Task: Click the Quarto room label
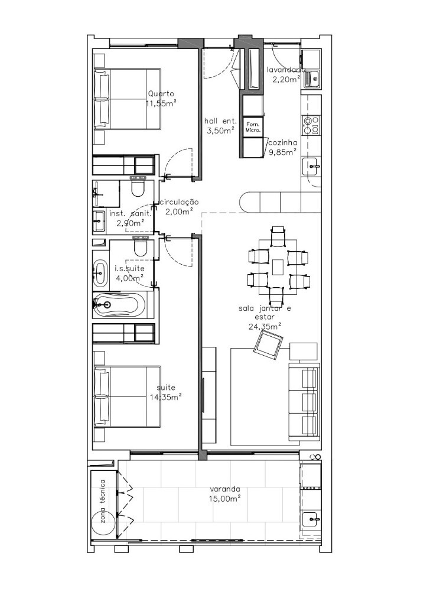pyautogui.click(x=161, y=93)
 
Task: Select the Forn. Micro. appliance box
pyautogui.click(x=253, y=127)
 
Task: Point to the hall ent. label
pyautogui.click(x=221, y=121)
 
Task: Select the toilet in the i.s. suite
pyautogui.click(x=140, y=246)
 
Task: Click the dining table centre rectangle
pyautogui.click(x=278, y=267)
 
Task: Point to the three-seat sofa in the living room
pyautogui.click(x=304, y=402)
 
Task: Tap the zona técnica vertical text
pyautogui.click(x=102, y=501)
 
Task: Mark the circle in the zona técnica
pyautogui.click(x=103, y=523)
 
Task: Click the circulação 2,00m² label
pyautogui.click(x=180, y=206)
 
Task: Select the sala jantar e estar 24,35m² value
pyautogui.click(x=265, y=326)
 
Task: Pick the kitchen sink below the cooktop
pyautogui.click(x=311, y=167)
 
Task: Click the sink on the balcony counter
pyautogui.click(x=311, y=519)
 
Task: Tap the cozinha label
pyautogui.click(x=284, y=142)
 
